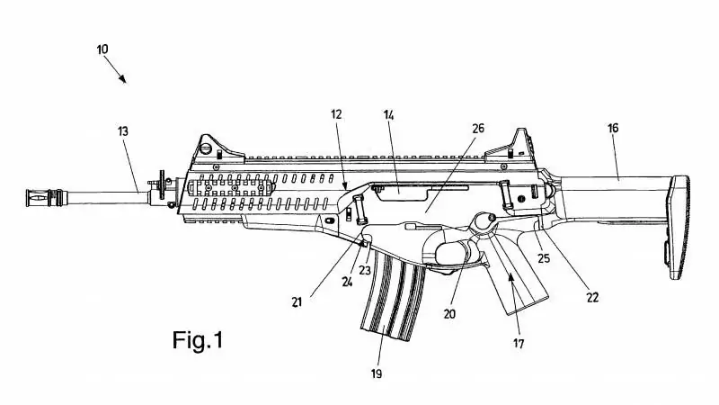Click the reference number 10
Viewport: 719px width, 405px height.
102,49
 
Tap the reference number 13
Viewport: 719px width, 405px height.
123,131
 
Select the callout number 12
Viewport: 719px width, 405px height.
336,114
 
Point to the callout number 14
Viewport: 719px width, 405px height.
388,115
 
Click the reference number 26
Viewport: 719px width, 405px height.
478,128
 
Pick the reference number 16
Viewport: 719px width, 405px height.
613,128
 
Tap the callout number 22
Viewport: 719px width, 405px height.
592,298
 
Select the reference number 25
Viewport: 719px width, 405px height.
544,258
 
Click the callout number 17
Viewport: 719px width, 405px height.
519,343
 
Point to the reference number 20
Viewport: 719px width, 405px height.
449,313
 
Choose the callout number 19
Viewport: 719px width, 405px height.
377,373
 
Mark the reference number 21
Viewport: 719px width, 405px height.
297,302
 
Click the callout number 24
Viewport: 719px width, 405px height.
347,282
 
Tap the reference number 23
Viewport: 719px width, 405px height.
365,271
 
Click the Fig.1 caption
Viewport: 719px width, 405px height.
198,340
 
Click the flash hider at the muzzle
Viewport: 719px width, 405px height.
44,197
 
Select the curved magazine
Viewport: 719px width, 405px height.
393,294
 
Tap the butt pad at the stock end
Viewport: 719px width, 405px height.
678,227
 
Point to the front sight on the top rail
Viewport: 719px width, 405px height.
213,147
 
